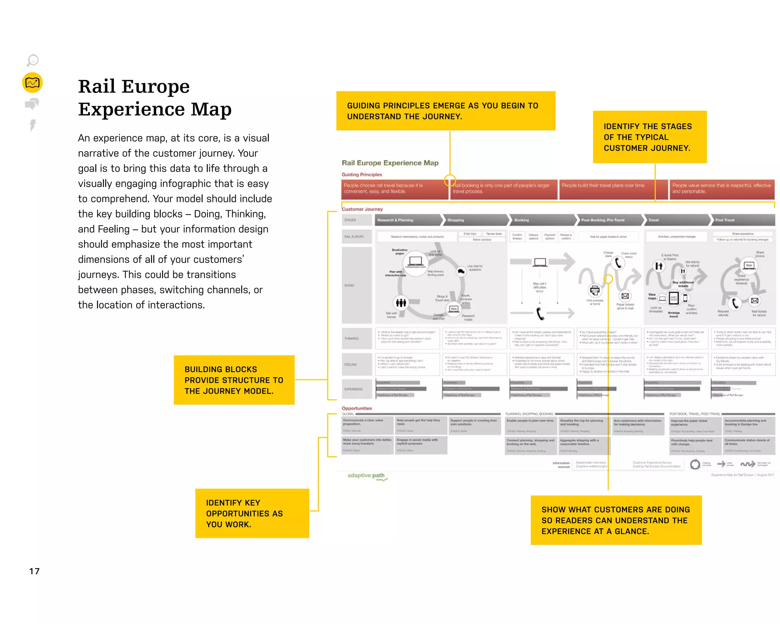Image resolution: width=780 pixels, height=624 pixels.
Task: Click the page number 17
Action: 34,571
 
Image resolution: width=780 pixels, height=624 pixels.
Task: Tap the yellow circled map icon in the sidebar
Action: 32,83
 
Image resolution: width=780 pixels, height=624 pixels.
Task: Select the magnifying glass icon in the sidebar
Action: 32,61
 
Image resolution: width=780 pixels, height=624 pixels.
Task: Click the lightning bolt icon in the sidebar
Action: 33,125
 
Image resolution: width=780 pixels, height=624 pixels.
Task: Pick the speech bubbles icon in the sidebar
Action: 32,104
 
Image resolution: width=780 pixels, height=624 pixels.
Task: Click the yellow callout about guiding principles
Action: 446,111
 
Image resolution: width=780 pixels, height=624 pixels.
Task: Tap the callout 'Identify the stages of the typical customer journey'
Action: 649,137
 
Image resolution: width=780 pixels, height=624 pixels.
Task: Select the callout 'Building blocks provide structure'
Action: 234,380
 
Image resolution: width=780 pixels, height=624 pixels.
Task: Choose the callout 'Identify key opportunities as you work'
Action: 252,513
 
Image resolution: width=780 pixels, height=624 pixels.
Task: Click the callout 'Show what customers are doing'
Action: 616,520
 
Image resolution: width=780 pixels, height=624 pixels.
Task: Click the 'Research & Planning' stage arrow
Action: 408,220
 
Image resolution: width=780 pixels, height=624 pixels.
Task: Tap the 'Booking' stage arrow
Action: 543,220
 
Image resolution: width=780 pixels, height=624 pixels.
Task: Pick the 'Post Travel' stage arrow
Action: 743,220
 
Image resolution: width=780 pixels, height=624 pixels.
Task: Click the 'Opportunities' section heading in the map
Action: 357,408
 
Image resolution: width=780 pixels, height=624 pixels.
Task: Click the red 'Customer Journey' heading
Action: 362,209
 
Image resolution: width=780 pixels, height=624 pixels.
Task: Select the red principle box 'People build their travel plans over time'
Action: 613,189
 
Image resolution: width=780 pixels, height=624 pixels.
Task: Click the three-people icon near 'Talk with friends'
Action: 401,303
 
